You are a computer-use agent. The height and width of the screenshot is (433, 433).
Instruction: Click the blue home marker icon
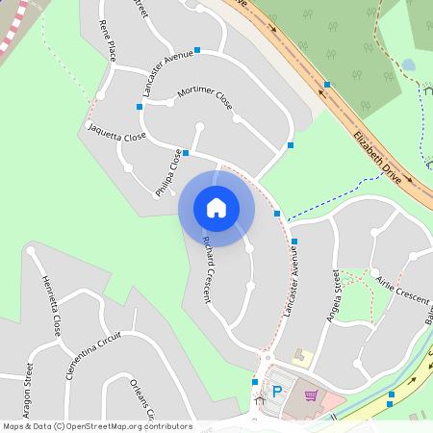216,208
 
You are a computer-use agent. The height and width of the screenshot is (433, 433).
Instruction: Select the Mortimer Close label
205,97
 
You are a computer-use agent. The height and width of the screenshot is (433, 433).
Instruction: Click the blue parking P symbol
278,392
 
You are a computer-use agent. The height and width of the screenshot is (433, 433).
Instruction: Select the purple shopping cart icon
311,395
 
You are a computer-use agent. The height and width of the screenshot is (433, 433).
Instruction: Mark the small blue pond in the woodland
409,64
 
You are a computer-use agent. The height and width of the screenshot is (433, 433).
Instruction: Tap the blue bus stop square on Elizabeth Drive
327,85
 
